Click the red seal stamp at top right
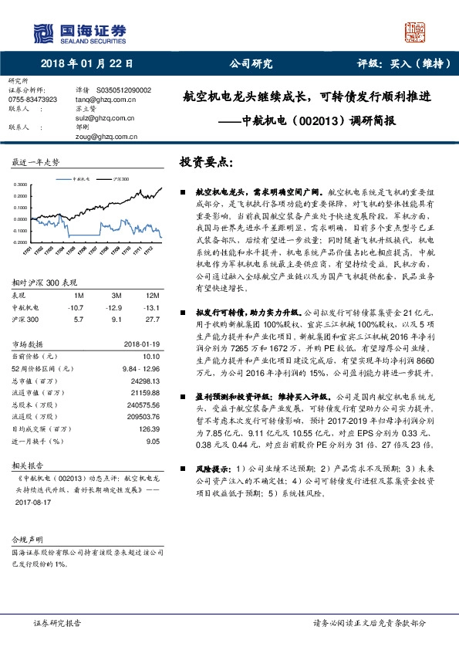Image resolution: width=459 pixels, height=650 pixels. [416, 32]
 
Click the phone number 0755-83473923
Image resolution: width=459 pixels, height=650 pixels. [32, 100]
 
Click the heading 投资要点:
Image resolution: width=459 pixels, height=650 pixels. [206, 163]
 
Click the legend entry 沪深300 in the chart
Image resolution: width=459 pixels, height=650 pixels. [117, 178]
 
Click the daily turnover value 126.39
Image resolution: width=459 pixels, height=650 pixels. [148, 428]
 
